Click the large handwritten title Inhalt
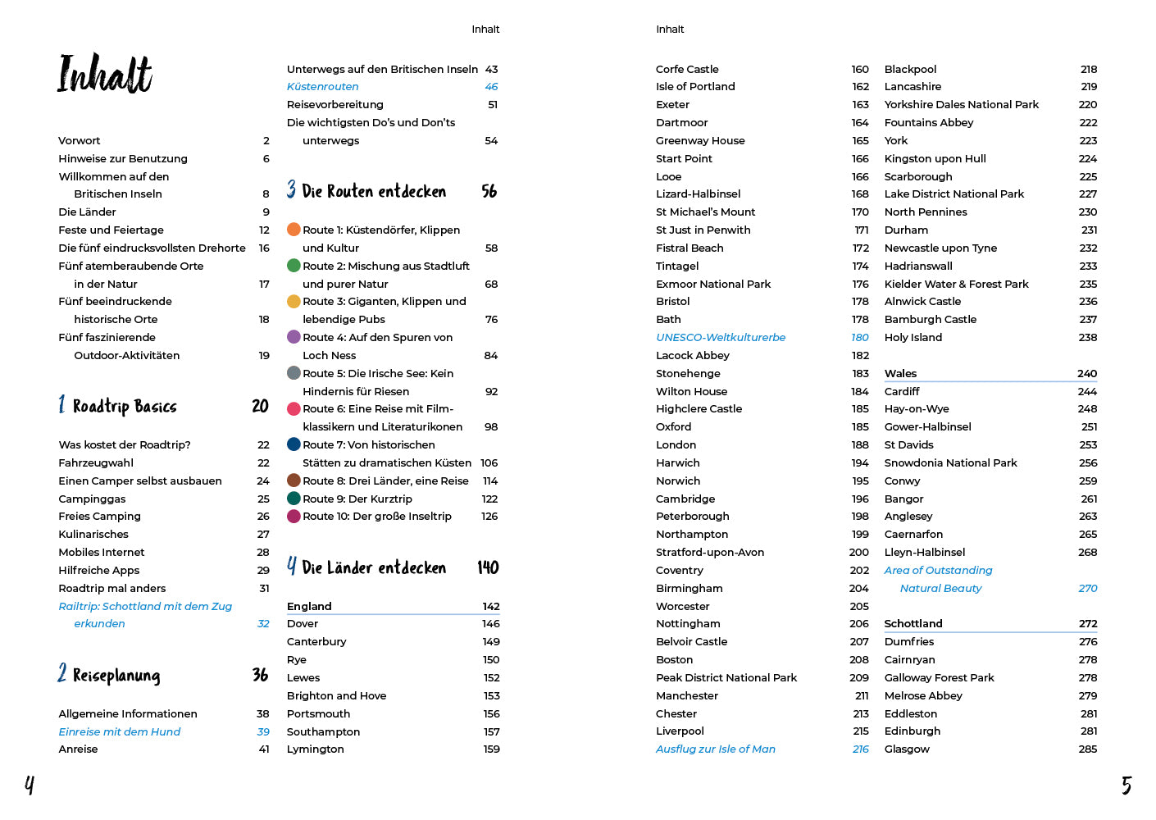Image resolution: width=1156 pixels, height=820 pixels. pyautogui.click(x=104, y=74)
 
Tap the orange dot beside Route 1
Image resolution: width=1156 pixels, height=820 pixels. pyautogui.click(x=294, y=230)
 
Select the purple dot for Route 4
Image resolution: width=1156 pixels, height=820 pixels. pyautogui.click(x=294, y=337)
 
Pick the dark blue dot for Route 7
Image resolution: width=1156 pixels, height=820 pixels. pyautogui.click(x=294, y=444)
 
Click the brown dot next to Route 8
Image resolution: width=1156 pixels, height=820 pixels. pyautogui.click(x=294, y=481)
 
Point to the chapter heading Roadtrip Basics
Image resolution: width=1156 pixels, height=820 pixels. pyautogui.click(x=125, y=407)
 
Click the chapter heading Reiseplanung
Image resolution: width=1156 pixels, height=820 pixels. pyautogui.click(x=116, y=676)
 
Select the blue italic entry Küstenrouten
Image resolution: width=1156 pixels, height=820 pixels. pyautogui.click(x=322, y=87)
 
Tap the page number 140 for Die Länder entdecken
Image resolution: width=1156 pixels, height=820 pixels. pyautogui.click(x=488, y=567)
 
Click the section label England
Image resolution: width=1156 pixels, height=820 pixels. pyautogui.click(x=309, y=607)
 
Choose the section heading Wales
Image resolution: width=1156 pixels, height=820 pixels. pyautogui.click(x=900, y=374)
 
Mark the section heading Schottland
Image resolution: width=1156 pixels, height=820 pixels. pyautogui.click(x=913, y=624)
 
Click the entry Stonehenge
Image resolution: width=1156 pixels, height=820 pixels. pyautogui.click(x=688, y=374)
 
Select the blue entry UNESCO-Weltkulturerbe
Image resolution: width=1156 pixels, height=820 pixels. pyautogui.click(x=721, y=338)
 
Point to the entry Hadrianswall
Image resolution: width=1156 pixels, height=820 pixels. pyautogui.click(x=918, y=266)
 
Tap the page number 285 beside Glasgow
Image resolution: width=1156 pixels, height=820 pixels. pyautogui.click(x=1088, y=749)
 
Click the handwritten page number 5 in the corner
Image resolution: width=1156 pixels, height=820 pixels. pyautogui.click(x=1126, y=786)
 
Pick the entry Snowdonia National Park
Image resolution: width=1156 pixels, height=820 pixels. pyautogui.click(x=950, y=463)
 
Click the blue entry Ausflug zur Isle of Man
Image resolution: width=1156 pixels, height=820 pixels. pyautogui.click(x=715, y=749)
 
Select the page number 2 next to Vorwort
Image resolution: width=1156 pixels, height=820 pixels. pyautogui.click(x=266, y=141)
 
